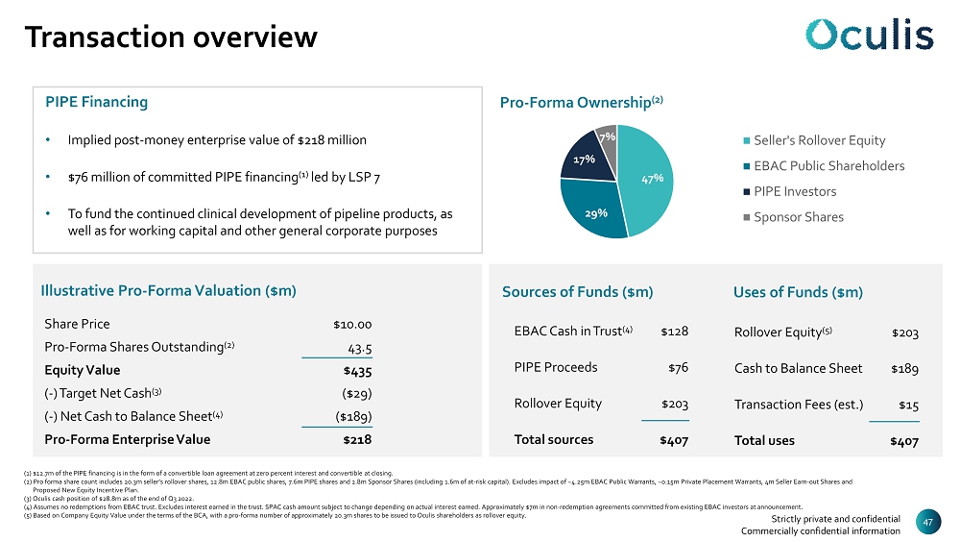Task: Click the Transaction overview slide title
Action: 171,37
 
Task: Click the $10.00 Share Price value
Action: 352,324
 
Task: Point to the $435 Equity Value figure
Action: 357,370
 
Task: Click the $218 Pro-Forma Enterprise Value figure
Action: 357,439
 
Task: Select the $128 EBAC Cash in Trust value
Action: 674,332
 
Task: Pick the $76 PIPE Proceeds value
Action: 678,367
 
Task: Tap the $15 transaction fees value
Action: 908,404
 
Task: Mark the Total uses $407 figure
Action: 903,441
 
